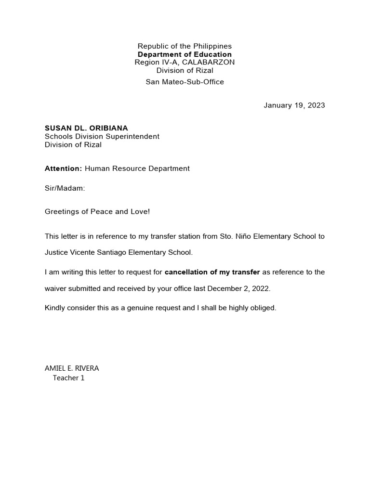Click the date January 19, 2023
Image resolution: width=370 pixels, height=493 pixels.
coord(294,105)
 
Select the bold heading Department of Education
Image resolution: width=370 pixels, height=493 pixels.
coord(185,54)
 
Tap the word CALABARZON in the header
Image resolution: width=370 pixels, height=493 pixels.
coord(205,63)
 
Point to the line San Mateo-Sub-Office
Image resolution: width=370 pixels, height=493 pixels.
coord(185,82)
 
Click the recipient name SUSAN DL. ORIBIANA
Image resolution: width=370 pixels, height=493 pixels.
coord(86,128)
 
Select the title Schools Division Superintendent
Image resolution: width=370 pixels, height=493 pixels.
coord(102,136)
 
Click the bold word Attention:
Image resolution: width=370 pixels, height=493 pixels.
coord(64,169)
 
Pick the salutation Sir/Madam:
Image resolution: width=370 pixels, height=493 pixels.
coord(65,188)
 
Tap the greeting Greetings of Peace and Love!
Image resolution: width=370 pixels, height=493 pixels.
coord(97,211)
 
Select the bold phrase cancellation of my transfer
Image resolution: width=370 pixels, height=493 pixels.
coord(212,272)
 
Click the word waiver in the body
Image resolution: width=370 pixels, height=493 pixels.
coord(56,289)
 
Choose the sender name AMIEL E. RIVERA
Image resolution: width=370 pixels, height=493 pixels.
coord(72,368)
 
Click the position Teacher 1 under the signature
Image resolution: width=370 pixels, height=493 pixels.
coord(68,378)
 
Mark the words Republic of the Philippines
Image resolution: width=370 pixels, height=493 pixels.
coord(185,46)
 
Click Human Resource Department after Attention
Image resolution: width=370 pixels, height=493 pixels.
coord(137,169)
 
